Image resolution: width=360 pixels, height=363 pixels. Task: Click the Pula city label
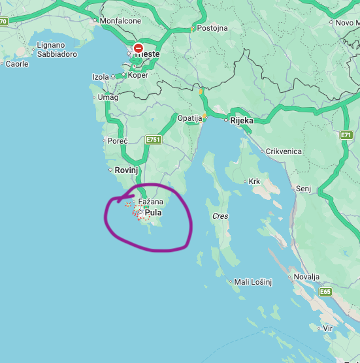coord(153,212)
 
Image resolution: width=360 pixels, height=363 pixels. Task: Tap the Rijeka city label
coord(241,120)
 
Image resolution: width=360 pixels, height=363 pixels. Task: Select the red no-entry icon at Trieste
coord(139,48)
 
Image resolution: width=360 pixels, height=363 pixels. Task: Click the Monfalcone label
coord(120,21)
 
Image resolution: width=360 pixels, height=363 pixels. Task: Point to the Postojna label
coord(212,28)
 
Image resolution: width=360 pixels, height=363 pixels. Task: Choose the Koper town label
coord(138,74)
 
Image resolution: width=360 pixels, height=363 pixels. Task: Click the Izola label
coord(101,77)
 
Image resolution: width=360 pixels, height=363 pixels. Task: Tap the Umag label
coord(107,97)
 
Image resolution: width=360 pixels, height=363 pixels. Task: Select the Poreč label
coord(117,140)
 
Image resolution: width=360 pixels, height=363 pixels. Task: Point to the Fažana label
coord(150,202)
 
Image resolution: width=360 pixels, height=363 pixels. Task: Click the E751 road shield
coord(153,140)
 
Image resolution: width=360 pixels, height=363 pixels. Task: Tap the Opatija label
coord(190,118)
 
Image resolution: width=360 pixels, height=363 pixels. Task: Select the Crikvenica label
coord(284,151)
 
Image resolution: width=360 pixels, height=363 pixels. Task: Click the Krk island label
coord(255,181)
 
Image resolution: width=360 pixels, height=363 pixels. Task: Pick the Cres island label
coord(220,215)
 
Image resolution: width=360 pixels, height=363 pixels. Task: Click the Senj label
coord(304,188)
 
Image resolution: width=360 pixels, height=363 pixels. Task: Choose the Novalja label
coord(306,277)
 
